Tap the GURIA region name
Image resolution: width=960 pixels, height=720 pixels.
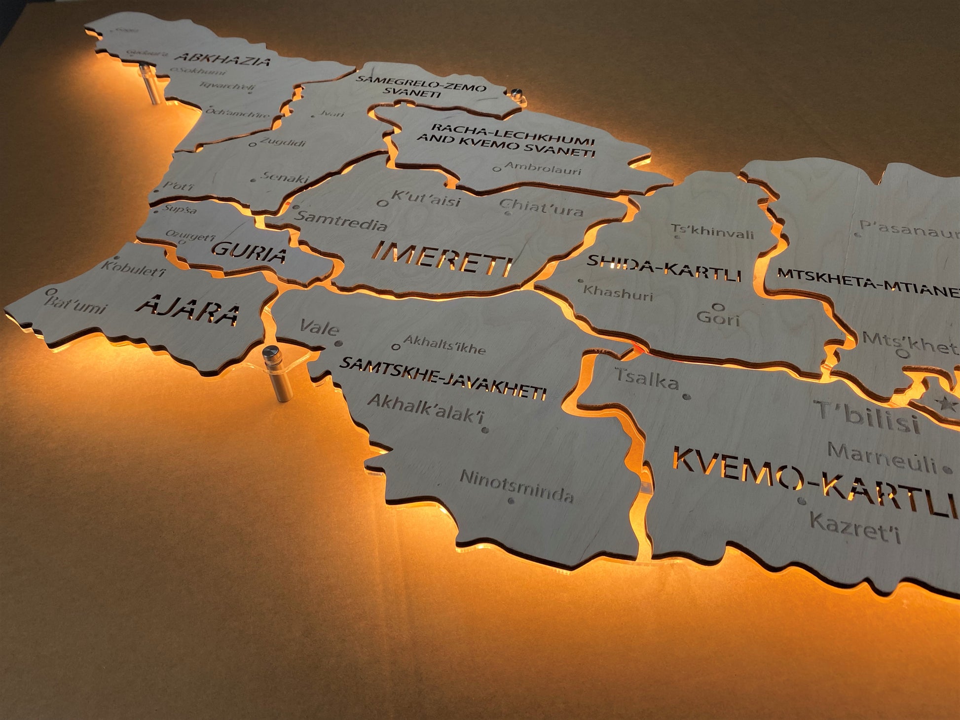click(250, 252)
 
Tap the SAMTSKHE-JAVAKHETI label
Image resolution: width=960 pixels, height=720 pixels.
click(443, 378)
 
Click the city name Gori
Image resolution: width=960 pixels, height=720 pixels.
click(718, 318)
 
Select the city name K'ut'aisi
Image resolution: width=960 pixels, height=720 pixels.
click(426, 198)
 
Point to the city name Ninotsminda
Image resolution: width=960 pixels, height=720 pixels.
click(517, 485)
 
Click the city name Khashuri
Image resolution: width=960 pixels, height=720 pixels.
click(618, 293)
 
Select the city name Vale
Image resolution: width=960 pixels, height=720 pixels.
click(319, 327)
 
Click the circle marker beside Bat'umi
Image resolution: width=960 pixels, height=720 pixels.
click(49, 292)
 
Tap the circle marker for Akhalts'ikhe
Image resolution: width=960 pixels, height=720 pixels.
click(395, 347)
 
